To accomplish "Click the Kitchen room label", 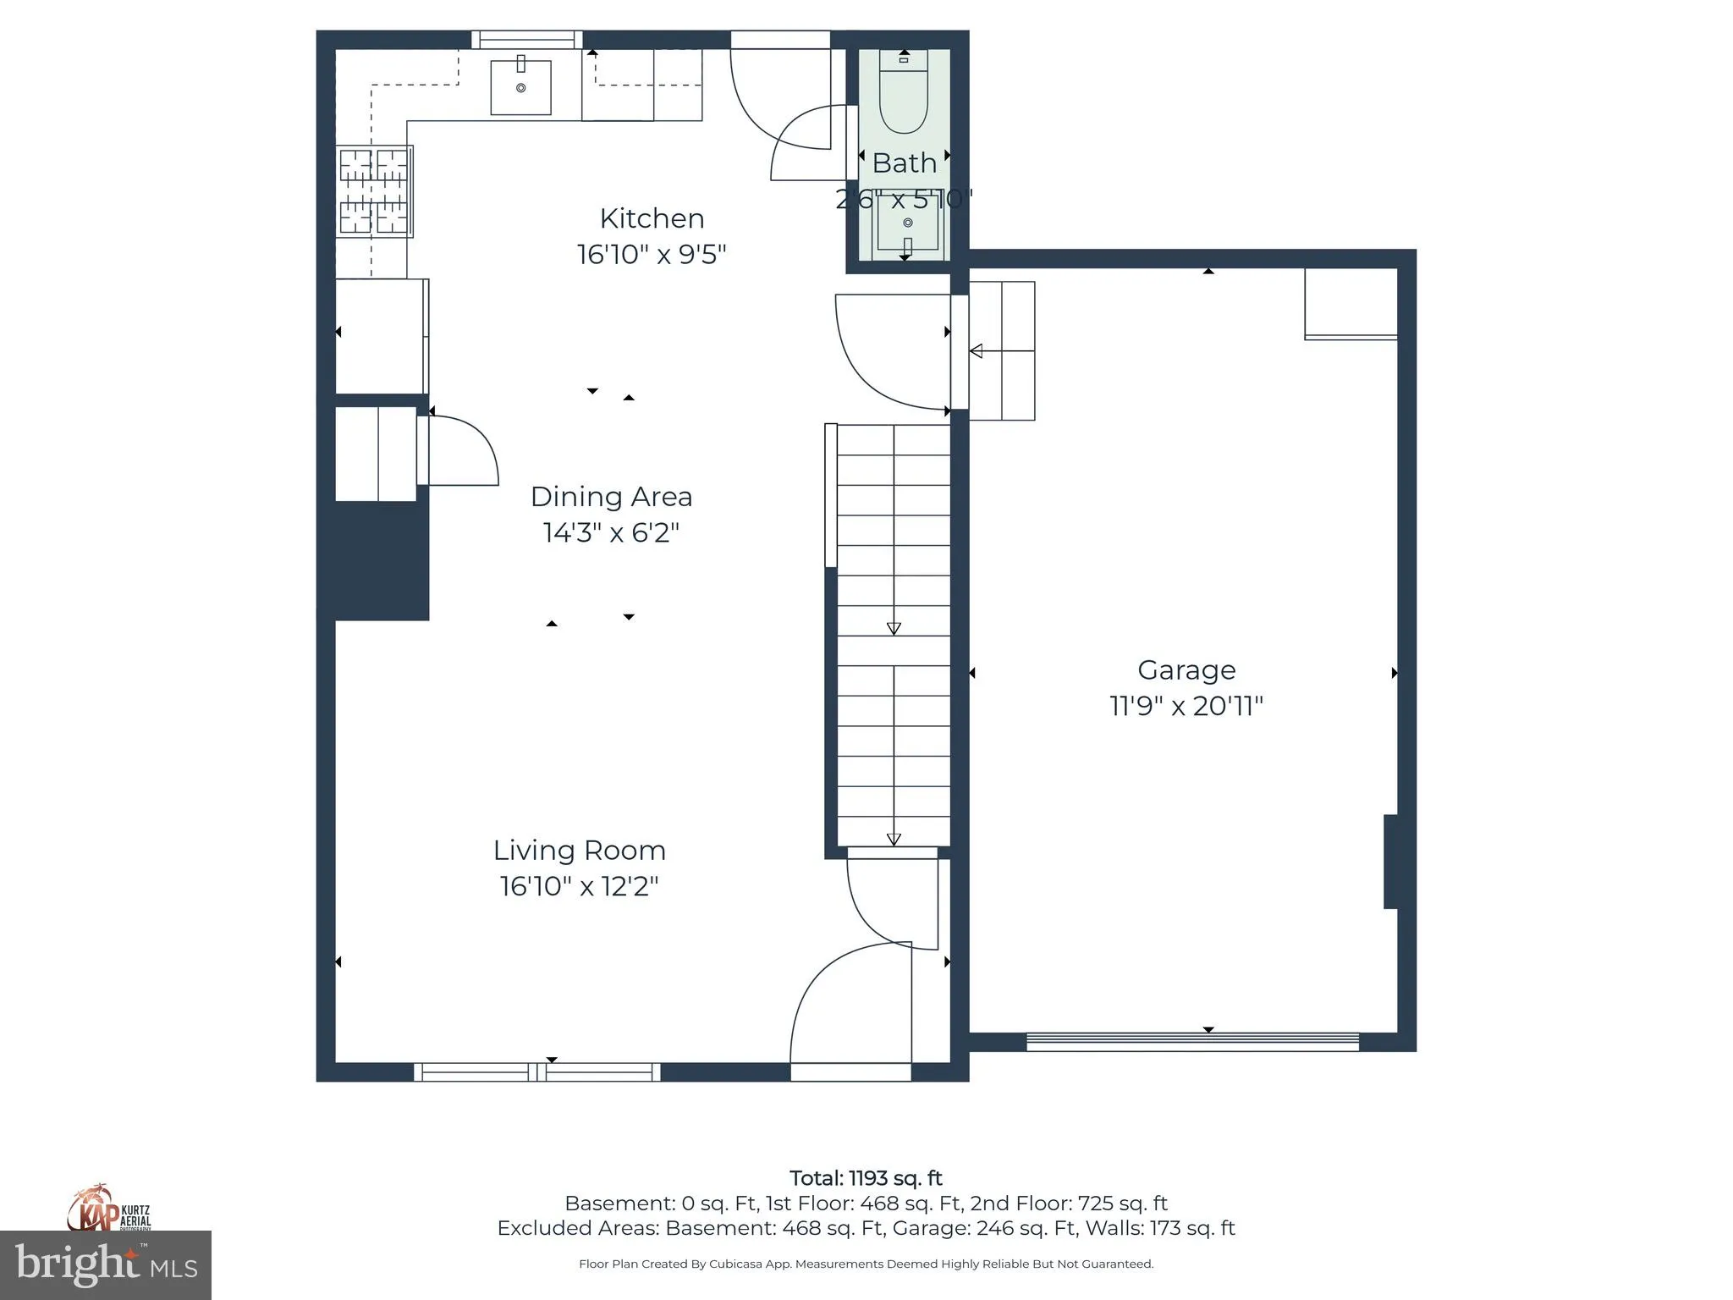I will [x=652, y=218].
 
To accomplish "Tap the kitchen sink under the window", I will [x=520, y=86].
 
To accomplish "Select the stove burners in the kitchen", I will [x=374, y=191].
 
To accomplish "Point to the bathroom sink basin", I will [x=908, y=224].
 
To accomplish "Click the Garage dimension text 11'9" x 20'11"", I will [x=1186, y=706].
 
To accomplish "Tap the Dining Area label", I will [x=611, y=497].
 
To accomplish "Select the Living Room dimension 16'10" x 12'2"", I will [x=579, y=886].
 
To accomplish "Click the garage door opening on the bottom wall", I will [x=1191, y=1042].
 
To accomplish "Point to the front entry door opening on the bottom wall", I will [x=850, y=1072].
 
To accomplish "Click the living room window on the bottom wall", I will [x=536, y=1072].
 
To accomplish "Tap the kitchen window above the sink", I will [x=526, y=40].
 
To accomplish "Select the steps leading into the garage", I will [x=1002, y=350].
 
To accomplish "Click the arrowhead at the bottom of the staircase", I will [x=894, y=840].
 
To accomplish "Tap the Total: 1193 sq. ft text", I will [x=866, y=1178].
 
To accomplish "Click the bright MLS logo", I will [x=106, y=1265].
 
